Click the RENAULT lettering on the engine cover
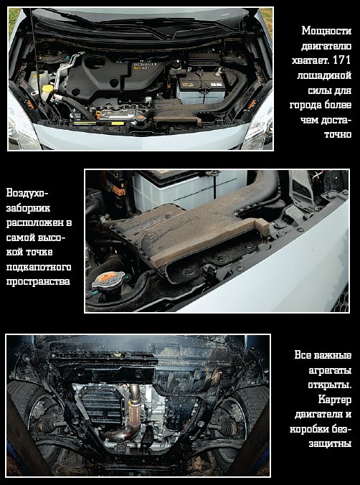pyautogui.click(x=146, y=64)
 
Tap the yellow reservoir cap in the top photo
pyautogui.click(x=47, y=88)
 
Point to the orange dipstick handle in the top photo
pyautogui.click(x=98, y=115)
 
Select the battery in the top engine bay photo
pyautogui.click(x=201, y=88)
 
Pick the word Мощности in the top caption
pyautogui.click(x=326, y=31)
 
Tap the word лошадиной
pyautogui.click(x=324, y=75)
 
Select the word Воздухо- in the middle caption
pyautogui.click(x=27, y=193)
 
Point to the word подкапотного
pyautogui.click(x=39, y=267)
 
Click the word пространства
pyautogui.click(x=38, y=282)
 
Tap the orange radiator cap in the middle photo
pyautogui.click(x=108, y=278)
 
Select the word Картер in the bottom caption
pyautogui.click(x=335, y=400)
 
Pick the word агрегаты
pyautogui.click(x=330, y=370)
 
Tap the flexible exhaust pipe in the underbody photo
pyautogui.click(x=134, y=409)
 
